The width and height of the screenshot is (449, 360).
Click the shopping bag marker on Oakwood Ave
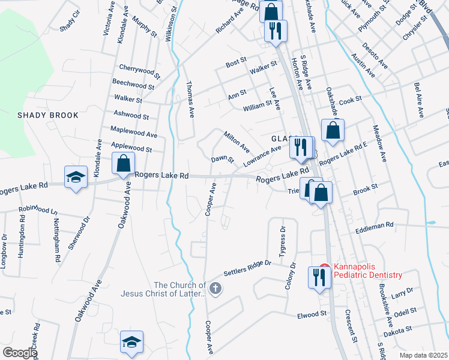(123, 164)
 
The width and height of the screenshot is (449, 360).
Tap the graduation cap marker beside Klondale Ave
(76, 177)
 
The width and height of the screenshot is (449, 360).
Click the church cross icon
(215, 289)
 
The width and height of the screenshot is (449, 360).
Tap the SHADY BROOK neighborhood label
(48, 115)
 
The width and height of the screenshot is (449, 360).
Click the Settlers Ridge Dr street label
(248, 268)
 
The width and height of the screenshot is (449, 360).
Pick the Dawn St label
(222, 160)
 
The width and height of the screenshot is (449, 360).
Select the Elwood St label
(311, 314)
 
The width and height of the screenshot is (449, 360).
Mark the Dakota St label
(399, 329)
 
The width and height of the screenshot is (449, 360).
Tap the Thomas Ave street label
(191, 100)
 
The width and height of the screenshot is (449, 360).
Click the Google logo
(20, 353)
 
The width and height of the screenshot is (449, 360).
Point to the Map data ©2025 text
(423, 355)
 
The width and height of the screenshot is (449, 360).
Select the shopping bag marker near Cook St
(332, 131)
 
